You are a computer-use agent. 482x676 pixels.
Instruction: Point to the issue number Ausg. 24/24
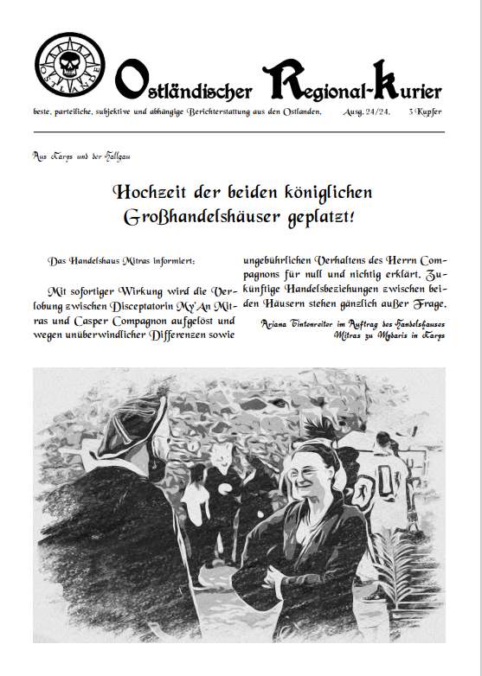click(365, 113)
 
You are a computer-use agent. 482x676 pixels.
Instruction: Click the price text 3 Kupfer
click(426, 113)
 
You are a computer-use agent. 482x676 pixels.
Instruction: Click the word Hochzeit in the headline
click(151, 191)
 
